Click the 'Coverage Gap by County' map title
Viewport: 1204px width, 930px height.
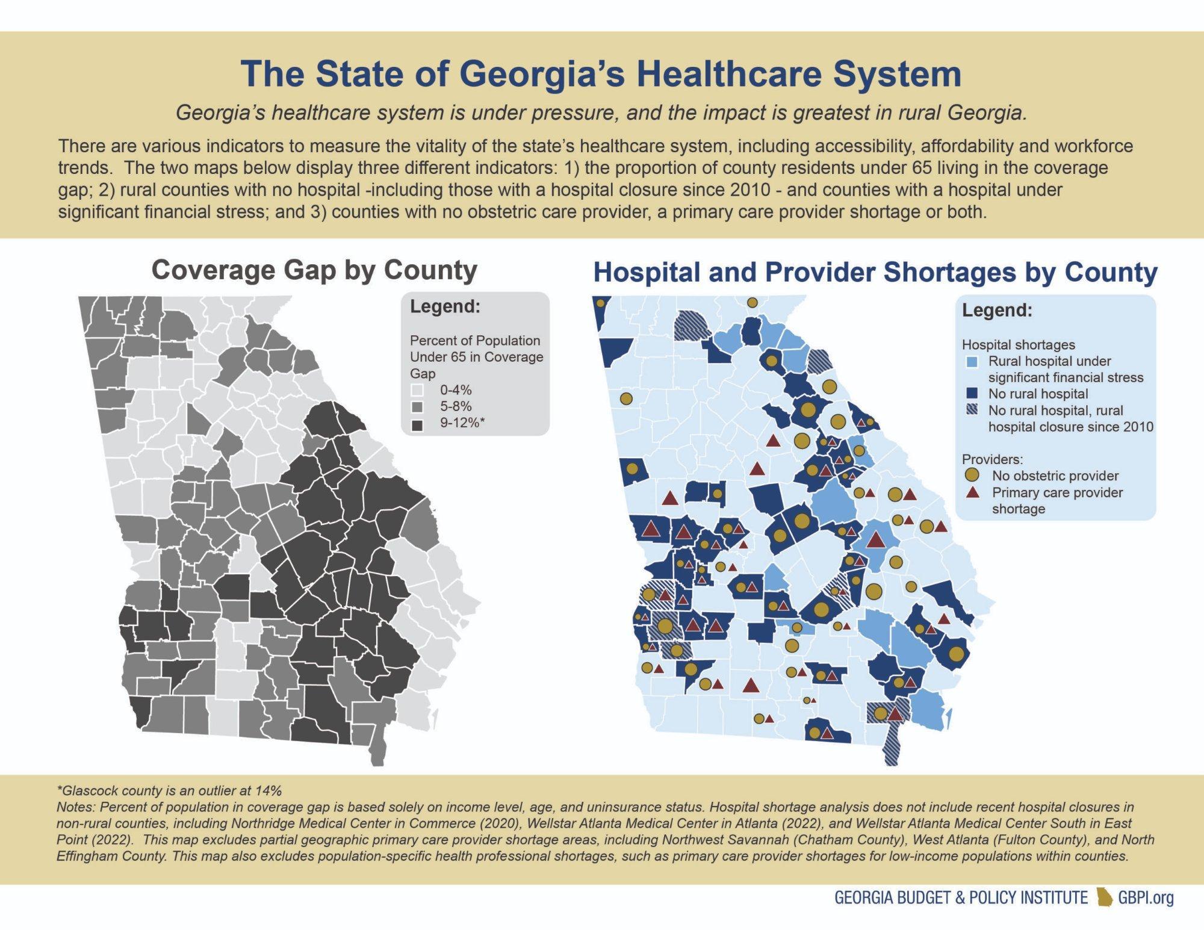pyautogui.click(x=314, y=270)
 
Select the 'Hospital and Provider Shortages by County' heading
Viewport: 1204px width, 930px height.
pyautogui.click(x=875, y=273)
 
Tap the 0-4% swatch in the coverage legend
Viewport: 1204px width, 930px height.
pyautogui.click(x=417, y=391)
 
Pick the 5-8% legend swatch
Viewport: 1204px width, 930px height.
pyautogui.click(x=417, y=408)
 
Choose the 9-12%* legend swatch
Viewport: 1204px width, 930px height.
pyautogui.click(x=417, y=424)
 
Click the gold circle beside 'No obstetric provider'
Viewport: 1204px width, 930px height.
pyautogui.click(x=972, y=476)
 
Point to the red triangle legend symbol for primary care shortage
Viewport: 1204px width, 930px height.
pyautogui.click(x=972, y=492)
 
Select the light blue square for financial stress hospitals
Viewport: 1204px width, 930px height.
pyautogui.click(x=970, y=362)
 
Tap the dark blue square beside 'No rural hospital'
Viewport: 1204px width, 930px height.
pyautogui.click(x=970, y=394)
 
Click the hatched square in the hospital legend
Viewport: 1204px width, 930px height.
pyautogui.click(x=970, y=411)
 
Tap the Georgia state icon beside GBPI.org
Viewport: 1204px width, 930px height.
pyautogui.click(x=1104, y=897)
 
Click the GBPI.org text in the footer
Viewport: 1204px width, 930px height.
pyautogui.click(x=1146, y=898)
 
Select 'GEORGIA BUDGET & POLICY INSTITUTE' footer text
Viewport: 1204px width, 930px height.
pyautogui.click(x=960, y=898)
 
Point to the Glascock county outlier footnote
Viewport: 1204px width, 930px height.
pyautogui.click(x=169, y=791)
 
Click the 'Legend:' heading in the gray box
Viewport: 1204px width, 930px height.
pyautogui.click(x=445, y=306)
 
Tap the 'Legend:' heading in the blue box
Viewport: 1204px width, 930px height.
pyautogui.click(x=997, y=311)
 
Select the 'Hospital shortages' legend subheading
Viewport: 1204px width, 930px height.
pyautogui.click(x=1018, y=345)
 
